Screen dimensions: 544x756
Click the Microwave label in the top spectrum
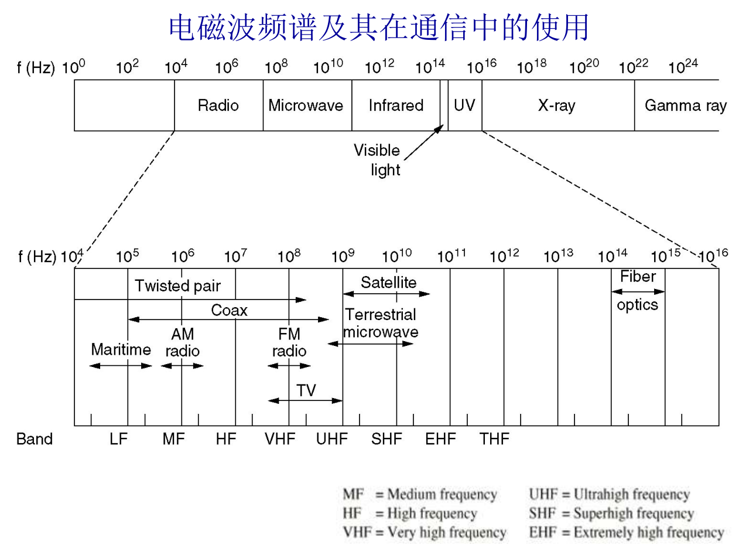tap(305, 106)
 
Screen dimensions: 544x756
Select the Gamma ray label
tap(685, 106)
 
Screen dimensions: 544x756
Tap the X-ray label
tap(556, 106)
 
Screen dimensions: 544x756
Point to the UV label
tap(464, 106)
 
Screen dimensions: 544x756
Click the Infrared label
tap(396, 106)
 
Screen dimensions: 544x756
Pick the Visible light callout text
tap(377, 159)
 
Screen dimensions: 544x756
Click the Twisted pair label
tap(177, 286)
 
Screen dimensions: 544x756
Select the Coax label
tap(229, 310)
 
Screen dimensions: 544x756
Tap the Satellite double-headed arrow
tap(386, 294)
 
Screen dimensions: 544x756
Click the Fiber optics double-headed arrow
tap(638, 291)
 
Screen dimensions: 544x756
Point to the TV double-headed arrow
tap(305, 400)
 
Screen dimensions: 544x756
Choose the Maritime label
tap(121, 349)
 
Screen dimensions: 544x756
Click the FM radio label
tap(289, 342)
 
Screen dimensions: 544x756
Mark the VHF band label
tap(279, 439)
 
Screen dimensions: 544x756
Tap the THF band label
tap(494, 439)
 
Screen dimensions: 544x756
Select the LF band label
tap(118, 439)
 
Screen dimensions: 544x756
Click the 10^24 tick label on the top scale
tap(683, 67)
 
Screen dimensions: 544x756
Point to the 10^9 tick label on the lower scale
tap(343, 256)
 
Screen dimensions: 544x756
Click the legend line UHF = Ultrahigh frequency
tap(609, 495)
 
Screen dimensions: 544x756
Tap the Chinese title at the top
tap(378, 28)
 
